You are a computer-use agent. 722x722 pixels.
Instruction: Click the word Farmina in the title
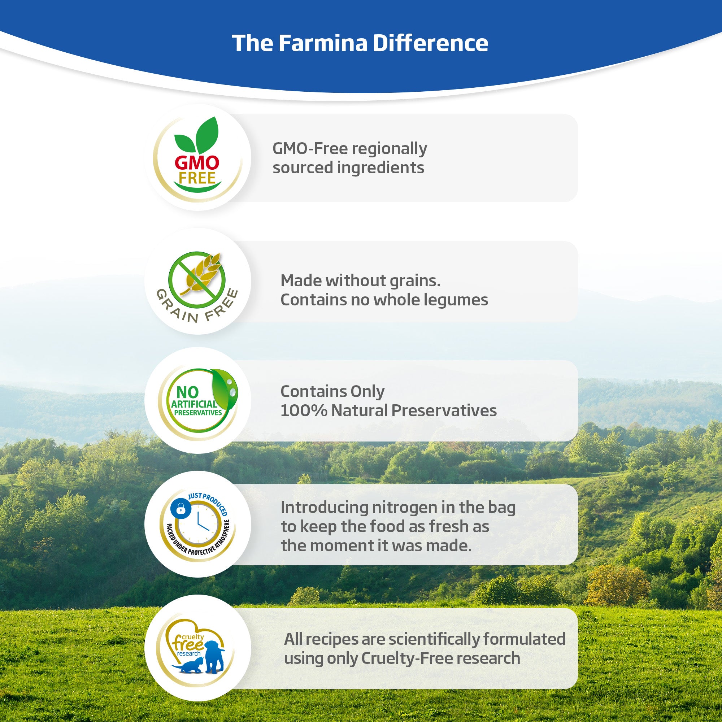(x=323, y=43)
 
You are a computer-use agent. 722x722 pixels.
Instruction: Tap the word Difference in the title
(x=431, y=43)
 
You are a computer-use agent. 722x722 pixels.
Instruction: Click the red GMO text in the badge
(x=197, y=162)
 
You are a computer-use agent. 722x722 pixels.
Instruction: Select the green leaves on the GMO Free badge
(x=197, y=135)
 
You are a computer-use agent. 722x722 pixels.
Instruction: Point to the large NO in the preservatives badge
(x=188, y=392)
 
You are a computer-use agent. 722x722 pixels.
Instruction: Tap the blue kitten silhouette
(x=188, y=666)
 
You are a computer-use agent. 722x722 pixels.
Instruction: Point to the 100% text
(x=304, y=411)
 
